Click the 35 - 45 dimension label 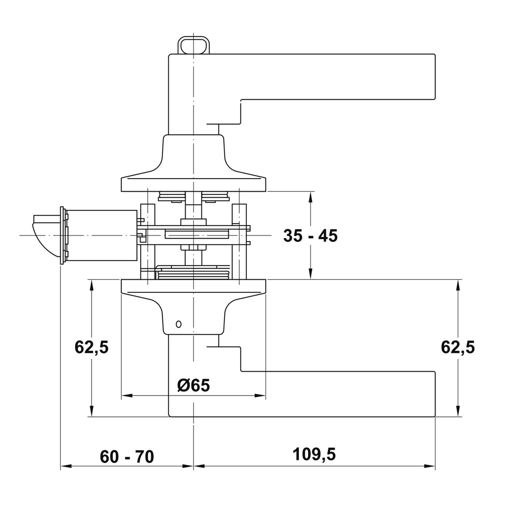pos(310,236)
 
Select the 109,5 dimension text pos(314,454)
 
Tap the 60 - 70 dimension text pos(127,457)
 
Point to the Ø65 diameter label pos(194,385)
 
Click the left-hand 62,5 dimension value pos(92,347)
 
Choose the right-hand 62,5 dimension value pos(458,347)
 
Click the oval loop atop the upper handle pos(194,45)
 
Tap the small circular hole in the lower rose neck pos(179,324)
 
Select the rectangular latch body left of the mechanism pos(101,235)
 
